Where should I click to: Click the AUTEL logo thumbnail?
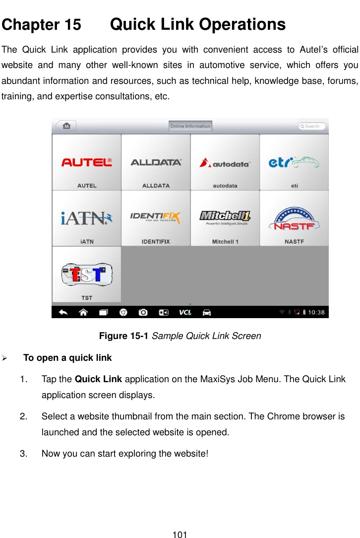pos(86,162)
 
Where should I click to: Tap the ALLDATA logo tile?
pos(156,162)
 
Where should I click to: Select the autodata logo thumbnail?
pos(225,162)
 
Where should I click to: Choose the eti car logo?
pos(294,162)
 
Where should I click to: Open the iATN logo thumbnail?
pos(86,218)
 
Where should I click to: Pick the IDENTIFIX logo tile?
pos(156,218)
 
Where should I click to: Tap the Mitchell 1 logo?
pos(225,217)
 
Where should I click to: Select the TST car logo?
pos(86,274)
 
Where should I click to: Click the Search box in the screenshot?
pos(312,126)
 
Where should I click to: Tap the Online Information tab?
pos(190,126)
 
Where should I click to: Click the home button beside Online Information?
pos(65,126)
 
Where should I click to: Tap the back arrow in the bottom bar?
pos(64,312)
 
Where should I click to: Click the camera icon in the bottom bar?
pos(143,312)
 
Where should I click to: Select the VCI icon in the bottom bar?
pos(185,312)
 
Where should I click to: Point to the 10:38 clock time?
pos(316,312)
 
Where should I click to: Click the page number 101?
pos(180,535)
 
